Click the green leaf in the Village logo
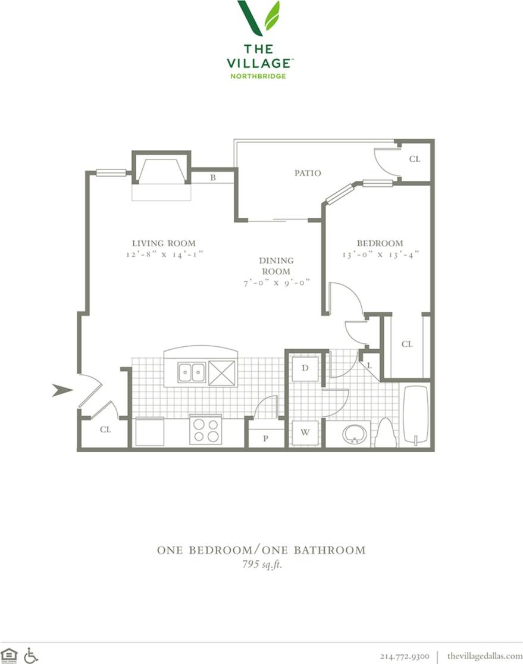pos(272,16)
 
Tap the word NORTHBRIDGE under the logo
pos(258,76)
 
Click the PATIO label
pos(308,173)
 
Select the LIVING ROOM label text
pos(164,243)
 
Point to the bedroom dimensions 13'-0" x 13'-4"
pos(380,254)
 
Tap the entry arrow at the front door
pos(62,390)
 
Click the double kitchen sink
pos(191,372)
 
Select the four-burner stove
pos(205,430)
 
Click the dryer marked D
pos(305,368)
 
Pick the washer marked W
pos(305,433)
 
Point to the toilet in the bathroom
pos(386,433)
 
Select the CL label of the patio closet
pos(415,159)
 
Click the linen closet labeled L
pos(369,365)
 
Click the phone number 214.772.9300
pos(404,656)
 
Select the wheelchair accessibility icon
pos(31,655)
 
